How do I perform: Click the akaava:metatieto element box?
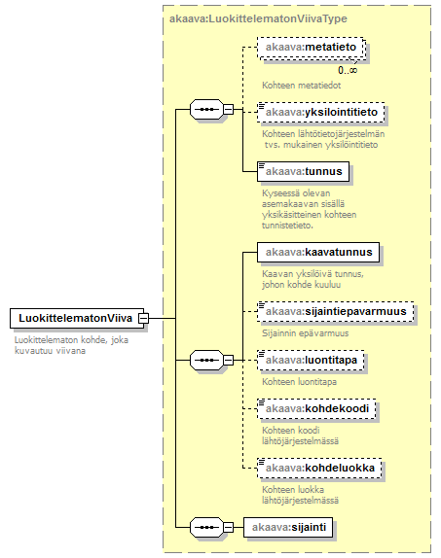coord(312,48)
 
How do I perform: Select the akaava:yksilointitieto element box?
coord(321,113)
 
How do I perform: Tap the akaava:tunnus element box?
coord(303,171)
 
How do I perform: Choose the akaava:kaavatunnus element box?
coord(318,253)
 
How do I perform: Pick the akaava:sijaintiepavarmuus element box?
coord(336,312)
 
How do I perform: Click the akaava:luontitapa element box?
coord(311,360)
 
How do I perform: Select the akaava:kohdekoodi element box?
coord(316,408)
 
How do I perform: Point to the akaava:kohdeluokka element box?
coord(319,468)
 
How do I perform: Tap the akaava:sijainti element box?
coord(288,527)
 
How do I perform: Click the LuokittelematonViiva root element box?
coord(77,318)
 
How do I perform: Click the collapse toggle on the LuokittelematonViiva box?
coord(144,318)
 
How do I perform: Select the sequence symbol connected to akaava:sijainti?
coord(206,527)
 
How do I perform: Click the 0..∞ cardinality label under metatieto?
coord(348,70)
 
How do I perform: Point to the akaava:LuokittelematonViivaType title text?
coord(258,18)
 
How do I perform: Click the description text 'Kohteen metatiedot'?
coord(301,86)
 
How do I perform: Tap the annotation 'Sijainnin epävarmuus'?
coord(305,333)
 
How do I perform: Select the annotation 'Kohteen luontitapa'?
coord(299,382)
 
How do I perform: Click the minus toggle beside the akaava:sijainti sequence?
coord(228,527)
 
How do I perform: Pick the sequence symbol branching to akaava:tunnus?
coord(206,109)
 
